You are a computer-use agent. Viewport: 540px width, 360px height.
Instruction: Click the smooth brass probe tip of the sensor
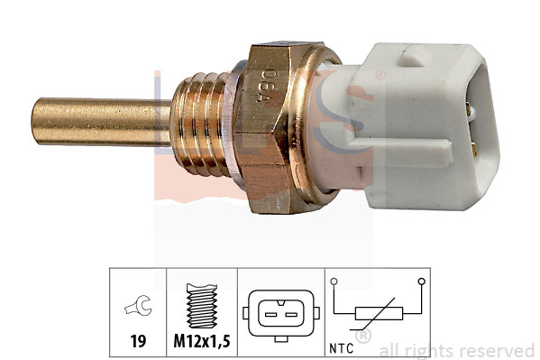click(90, 122)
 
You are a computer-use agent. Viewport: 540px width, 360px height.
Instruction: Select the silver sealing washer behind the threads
click(236, 126)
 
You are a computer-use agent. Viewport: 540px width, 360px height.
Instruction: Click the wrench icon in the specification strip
click(138, 309)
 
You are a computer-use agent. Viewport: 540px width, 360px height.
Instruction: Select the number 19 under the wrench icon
click(138, 342)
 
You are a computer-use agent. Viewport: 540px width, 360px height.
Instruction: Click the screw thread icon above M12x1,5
click(202, 307)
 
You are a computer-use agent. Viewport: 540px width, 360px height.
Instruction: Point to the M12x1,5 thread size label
click(202, 342)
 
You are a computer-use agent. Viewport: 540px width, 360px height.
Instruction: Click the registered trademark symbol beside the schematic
click(362, 337)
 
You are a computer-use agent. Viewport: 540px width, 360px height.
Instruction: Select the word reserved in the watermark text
click(499, 350)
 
